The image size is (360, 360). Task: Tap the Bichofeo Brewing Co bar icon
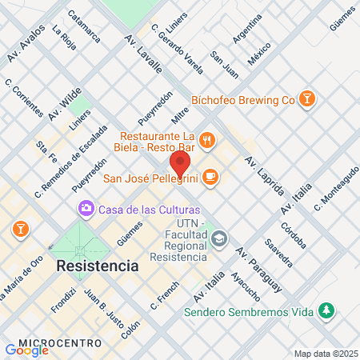pos(306,99)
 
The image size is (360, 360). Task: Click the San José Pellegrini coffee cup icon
pos(210,177)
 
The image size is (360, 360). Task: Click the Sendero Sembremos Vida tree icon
pos(326,310)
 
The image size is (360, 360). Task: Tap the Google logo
pos(26,350)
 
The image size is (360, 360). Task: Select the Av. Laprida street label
pos(265,177)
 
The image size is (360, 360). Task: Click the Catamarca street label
pos(84,26)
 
